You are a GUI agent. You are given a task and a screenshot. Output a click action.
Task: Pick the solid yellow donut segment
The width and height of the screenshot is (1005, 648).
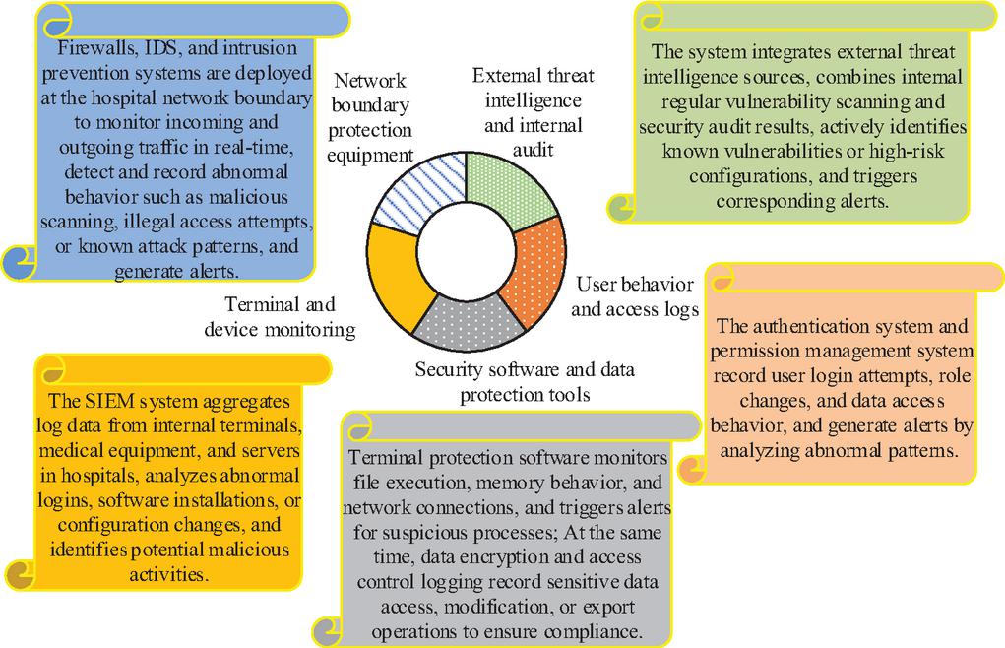398,276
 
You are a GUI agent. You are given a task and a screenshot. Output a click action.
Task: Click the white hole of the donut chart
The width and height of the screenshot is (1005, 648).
467,250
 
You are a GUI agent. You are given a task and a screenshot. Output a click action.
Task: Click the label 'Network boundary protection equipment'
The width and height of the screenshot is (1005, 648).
370,117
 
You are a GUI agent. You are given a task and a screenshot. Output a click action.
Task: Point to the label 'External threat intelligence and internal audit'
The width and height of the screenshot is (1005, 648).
534,112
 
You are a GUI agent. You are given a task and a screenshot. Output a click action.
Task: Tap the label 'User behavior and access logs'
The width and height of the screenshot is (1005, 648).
635,296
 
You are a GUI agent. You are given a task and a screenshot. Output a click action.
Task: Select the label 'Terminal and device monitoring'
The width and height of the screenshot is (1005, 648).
281,317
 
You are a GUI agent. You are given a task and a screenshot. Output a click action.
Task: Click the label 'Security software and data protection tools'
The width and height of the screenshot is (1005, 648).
525,381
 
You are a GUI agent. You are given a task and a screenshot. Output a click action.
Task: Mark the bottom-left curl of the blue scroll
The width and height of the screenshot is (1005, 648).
20,263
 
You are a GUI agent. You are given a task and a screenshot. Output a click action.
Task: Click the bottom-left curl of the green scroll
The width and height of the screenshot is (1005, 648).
622,208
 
